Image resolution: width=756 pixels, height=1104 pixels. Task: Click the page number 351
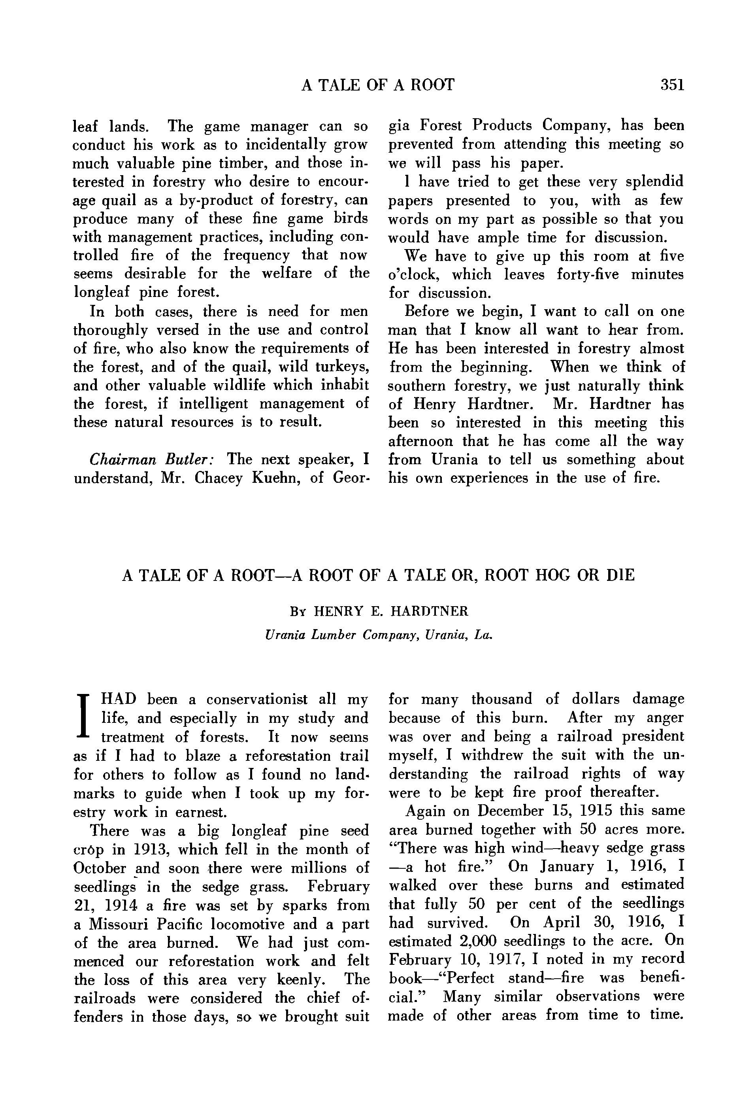point(672,85)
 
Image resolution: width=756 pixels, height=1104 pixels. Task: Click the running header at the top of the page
point(378,85)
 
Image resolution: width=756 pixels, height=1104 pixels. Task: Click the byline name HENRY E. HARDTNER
point(391,611)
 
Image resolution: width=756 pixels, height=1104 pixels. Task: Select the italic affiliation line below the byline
point(379,635)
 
